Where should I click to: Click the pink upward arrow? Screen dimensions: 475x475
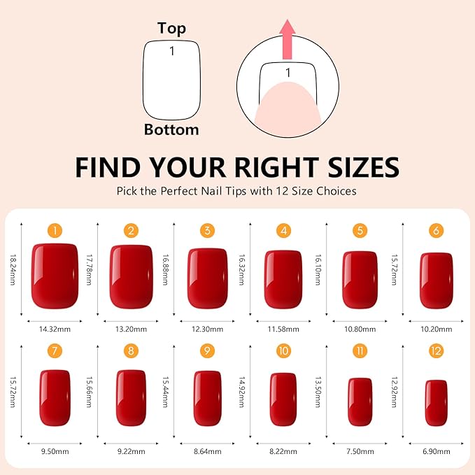tap(288, 39)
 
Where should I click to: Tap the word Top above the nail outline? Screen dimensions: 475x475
tap(171, 29)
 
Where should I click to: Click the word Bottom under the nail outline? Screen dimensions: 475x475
tap(171, 129)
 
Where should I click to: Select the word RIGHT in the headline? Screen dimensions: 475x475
tap(277, 167)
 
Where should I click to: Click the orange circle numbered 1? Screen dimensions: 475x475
tap(55, 231)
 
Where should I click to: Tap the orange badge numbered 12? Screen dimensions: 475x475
tap(436, 350)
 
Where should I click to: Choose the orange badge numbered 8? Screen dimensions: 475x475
tap(131, 350)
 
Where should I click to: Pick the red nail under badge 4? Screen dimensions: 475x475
tap(283, 279)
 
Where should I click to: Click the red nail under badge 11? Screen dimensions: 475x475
tap(360, 402)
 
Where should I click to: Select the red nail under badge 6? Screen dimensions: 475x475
tap(437, 281)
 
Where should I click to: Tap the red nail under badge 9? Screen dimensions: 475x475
tap(208, 398)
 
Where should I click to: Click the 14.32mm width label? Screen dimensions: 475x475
tap(55, 329)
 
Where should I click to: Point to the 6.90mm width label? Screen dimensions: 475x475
tap(437, 451)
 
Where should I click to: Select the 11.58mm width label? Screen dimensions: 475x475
tap(283, 329)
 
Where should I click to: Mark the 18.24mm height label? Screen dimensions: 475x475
tap(13, 269)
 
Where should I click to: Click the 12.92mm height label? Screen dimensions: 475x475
tap(394, 392)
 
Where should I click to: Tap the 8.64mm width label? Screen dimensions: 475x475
tap(208, 451)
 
